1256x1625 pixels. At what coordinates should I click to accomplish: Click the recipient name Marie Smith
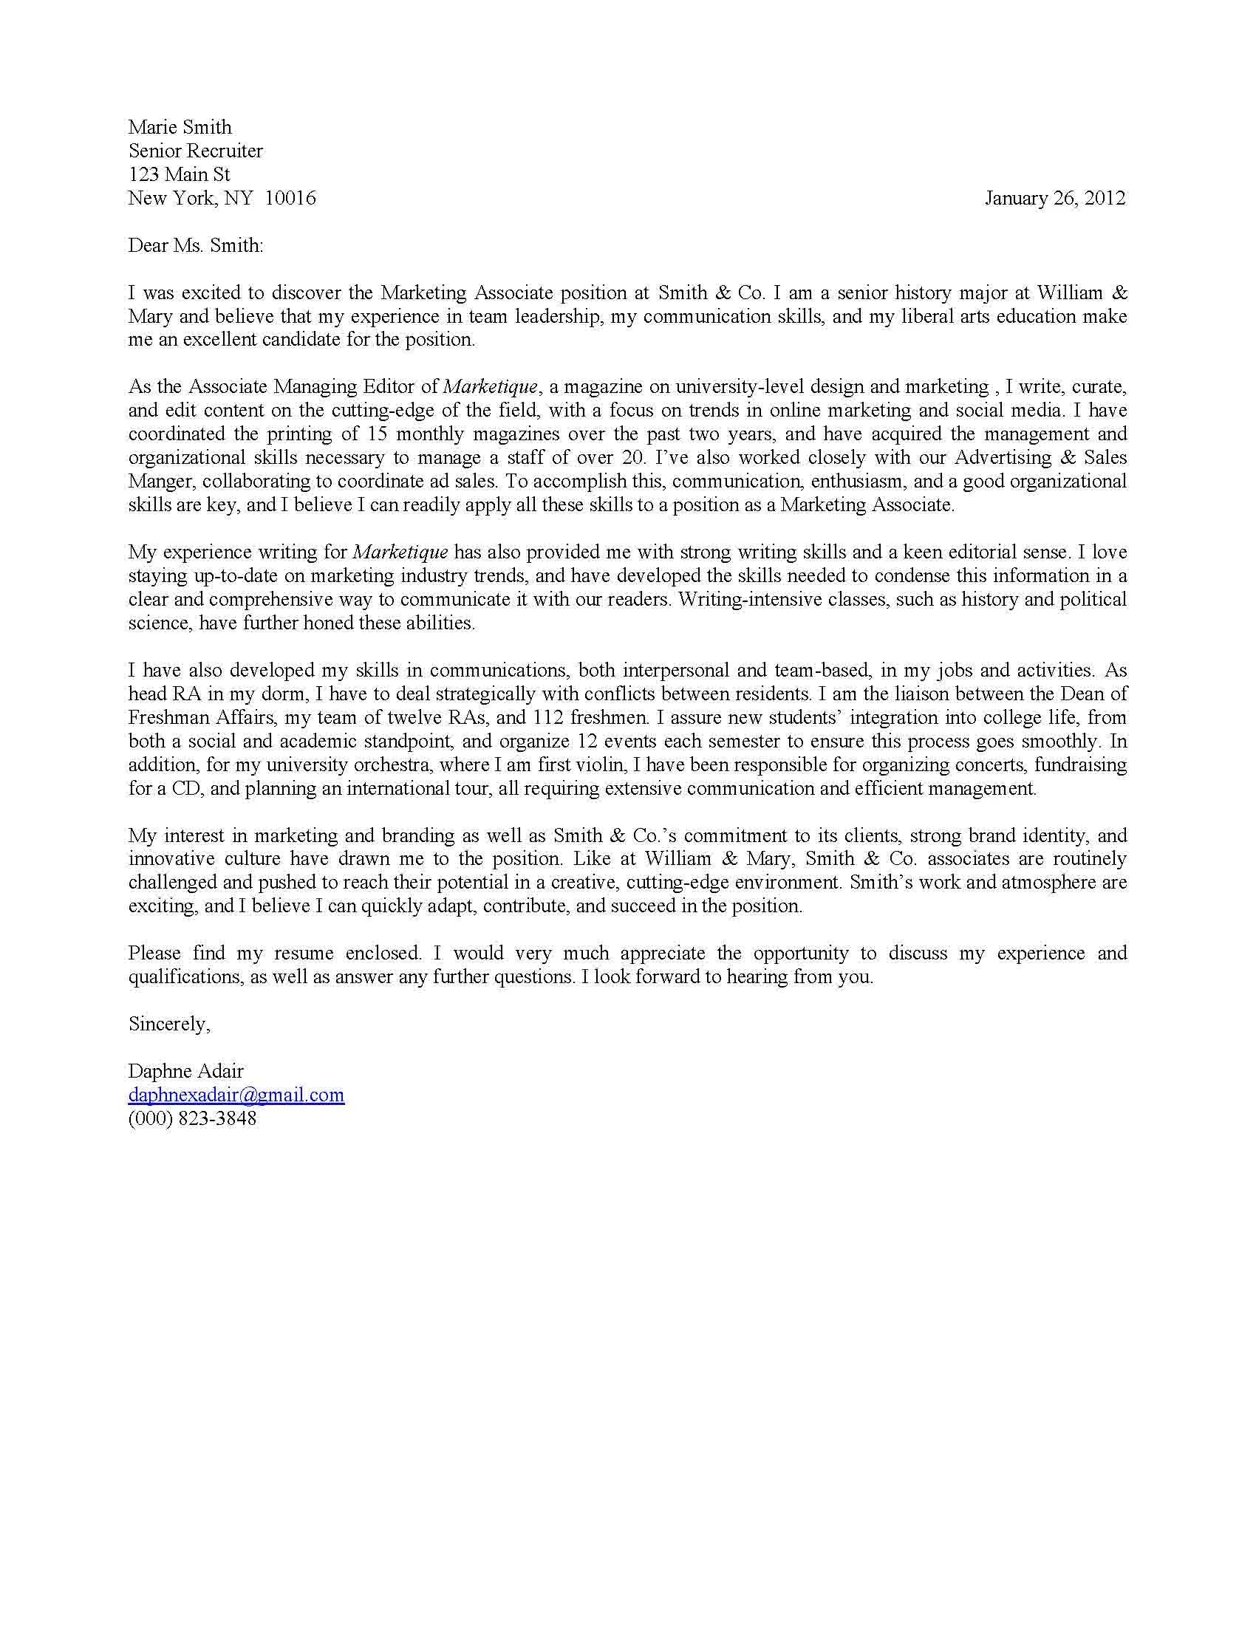[180, 127]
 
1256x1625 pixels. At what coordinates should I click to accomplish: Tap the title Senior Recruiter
[195, 151]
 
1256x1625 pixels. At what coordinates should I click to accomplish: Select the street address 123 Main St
[179, 174]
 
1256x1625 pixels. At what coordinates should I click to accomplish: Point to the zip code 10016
[290, 198]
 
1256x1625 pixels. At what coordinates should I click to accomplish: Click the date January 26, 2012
[1054, 198]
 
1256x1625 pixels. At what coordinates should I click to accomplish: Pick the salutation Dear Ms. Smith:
[195, 245]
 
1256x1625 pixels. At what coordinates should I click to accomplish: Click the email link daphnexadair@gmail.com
[236, 1095]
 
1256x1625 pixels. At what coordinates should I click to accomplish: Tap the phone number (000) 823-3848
[192, 1118]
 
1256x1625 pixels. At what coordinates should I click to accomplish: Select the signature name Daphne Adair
[185, 1071]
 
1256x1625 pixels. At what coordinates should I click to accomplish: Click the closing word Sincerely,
[169, 1024]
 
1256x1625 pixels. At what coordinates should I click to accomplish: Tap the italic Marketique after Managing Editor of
[490, 387]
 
